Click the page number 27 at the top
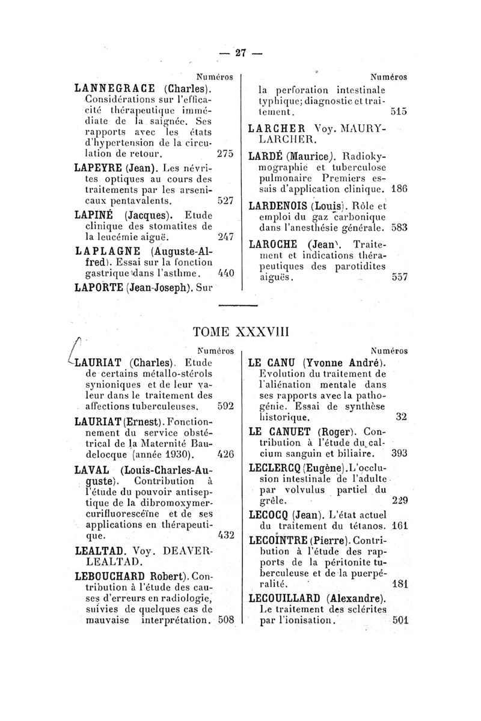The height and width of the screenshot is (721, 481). pos(241,53)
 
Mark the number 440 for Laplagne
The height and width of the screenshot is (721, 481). pos(224,273)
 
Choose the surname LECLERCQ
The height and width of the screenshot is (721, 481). pos(274,467)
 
